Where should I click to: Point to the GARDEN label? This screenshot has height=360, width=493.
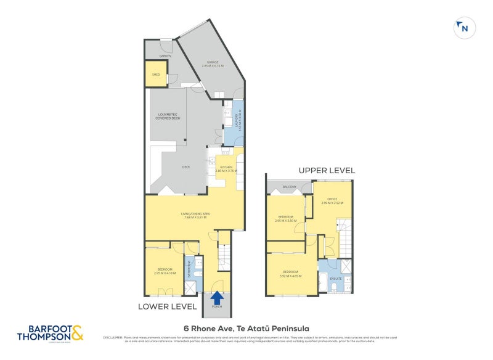165,56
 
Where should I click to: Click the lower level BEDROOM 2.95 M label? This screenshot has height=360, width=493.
165,271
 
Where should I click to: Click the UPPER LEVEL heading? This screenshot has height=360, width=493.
327,170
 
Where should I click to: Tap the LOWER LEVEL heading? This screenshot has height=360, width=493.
167,306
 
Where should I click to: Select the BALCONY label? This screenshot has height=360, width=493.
290,187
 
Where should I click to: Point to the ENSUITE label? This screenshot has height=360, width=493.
335,278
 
